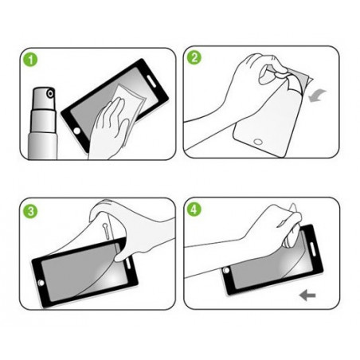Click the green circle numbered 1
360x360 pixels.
30,60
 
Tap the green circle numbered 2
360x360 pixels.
194,57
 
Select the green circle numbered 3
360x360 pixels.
30,211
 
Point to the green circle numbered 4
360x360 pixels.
194,209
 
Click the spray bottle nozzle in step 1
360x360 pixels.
50,93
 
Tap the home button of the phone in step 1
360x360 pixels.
77,131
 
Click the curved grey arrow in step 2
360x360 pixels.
317,96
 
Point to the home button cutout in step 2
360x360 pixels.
258,142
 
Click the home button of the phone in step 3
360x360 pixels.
41,283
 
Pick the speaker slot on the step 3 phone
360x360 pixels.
129,264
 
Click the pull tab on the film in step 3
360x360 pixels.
105,230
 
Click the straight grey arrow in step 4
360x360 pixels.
307,295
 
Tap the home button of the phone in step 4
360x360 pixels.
226,270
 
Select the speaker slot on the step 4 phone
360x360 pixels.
312,249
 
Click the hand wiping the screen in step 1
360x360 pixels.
109,129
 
